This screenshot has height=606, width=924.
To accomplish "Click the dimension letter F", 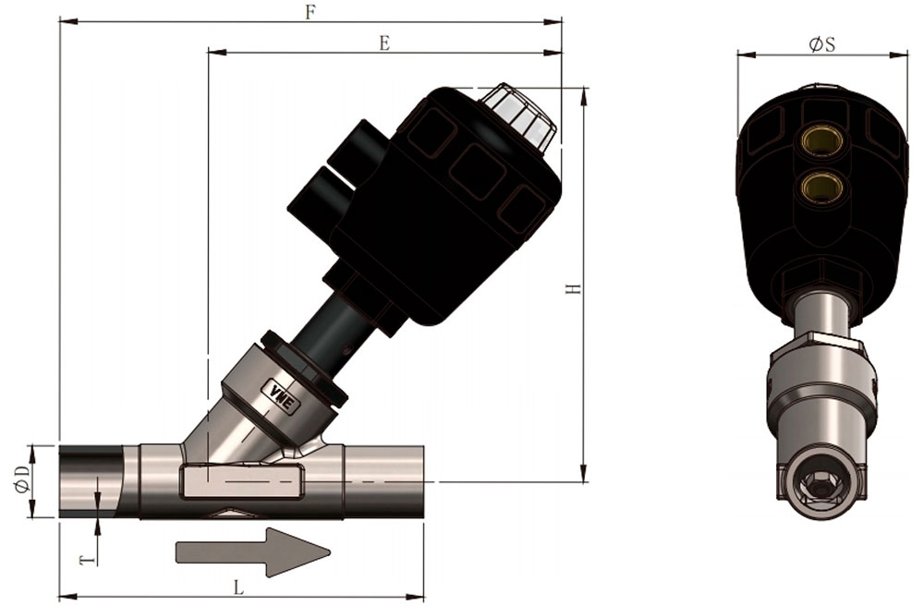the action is pos(310,12).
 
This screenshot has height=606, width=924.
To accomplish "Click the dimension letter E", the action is pos(384,43).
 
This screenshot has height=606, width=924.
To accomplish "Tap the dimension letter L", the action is pos(239,588).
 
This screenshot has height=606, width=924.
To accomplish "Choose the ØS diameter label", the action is pos(822,44).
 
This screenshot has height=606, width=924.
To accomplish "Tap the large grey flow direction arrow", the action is pos(253,552).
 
